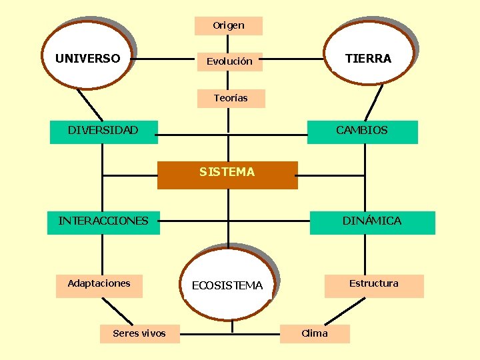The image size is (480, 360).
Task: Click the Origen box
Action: click(x=228, y=26)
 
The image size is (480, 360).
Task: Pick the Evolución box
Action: click(x=229, y=61)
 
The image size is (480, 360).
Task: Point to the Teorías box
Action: click(x=231, y=98)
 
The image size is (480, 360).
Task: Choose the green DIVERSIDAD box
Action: click(x=103, y=131)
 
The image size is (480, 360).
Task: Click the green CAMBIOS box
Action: click(x=362, y=131)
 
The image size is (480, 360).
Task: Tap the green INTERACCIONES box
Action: click(x=103, y=222)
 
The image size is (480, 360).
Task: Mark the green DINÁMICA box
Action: click(x=371, y=222)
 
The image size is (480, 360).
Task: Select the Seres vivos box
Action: click(x=139, y=333)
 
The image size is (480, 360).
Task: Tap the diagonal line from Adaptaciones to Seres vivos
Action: click(x=119, y=311)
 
